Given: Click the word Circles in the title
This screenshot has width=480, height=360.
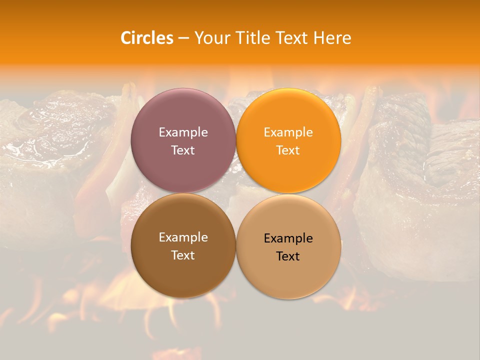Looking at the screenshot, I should (147, 38).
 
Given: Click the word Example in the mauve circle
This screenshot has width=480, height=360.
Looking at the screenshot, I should (183, 132).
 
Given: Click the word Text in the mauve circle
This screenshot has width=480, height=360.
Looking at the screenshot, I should (183, 150).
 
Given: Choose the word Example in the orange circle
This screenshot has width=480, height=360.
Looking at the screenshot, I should (288, 132).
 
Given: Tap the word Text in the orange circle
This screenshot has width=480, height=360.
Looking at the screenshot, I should (288, 150).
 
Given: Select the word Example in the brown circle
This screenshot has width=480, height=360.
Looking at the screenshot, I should (183, 237).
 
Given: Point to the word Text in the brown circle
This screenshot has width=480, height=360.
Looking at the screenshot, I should (183, 255).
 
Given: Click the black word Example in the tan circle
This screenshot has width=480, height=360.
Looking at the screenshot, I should (288, 238).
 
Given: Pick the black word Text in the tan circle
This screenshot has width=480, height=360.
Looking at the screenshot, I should (288, 256).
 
